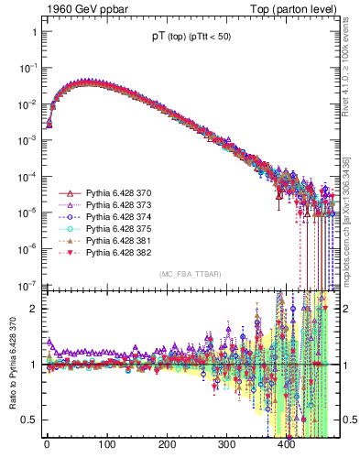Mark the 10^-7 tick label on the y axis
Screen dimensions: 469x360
26,284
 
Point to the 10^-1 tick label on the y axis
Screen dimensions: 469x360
26,68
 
